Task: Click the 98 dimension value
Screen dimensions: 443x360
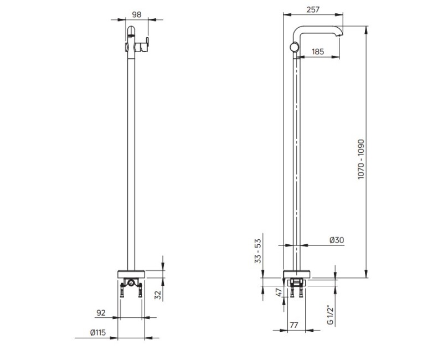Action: (x=136, y=14)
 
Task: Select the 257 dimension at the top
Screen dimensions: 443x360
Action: (x=313, y=9)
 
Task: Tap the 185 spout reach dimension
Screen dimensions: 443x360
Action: (x=318, y=52)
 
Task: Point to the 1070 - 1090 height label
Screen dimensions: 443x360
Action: (x=362, y=160)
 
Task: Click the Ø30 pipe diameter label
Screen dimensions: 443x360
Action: (x=337, y=240)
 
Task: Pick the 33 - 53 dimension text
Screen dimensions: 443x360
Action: (x=258, y=251)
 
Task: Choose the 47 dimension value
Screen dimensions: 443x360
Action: (x=279, y=292)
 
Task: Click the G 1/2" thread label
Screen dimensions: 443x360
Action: (x=330, y=315)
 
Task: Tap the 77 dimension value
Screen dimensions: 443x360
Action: (x=294, y=325)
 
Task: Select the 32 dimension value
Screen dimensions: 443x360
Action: (x=158, y=295)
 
